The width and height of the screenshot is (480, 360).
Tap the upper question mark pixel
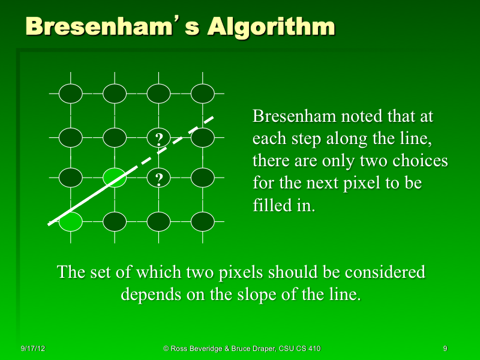159,139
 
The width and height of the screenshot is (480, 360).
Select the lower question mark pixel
159,178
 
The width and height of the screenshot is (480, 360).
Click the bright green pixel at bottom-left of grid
71,221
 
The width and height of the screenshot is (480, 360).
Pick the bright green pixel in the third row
114,178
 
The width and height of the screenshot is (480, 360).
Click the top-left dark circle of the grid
71,94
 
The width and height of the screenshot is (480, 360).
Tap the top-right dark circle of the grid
203,94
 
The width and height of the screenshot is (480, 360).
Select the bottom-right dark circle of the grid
203,221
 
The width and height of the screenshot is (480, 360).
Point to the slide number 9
445,348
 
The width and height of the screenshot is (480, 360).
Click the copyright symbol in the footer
166,348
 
